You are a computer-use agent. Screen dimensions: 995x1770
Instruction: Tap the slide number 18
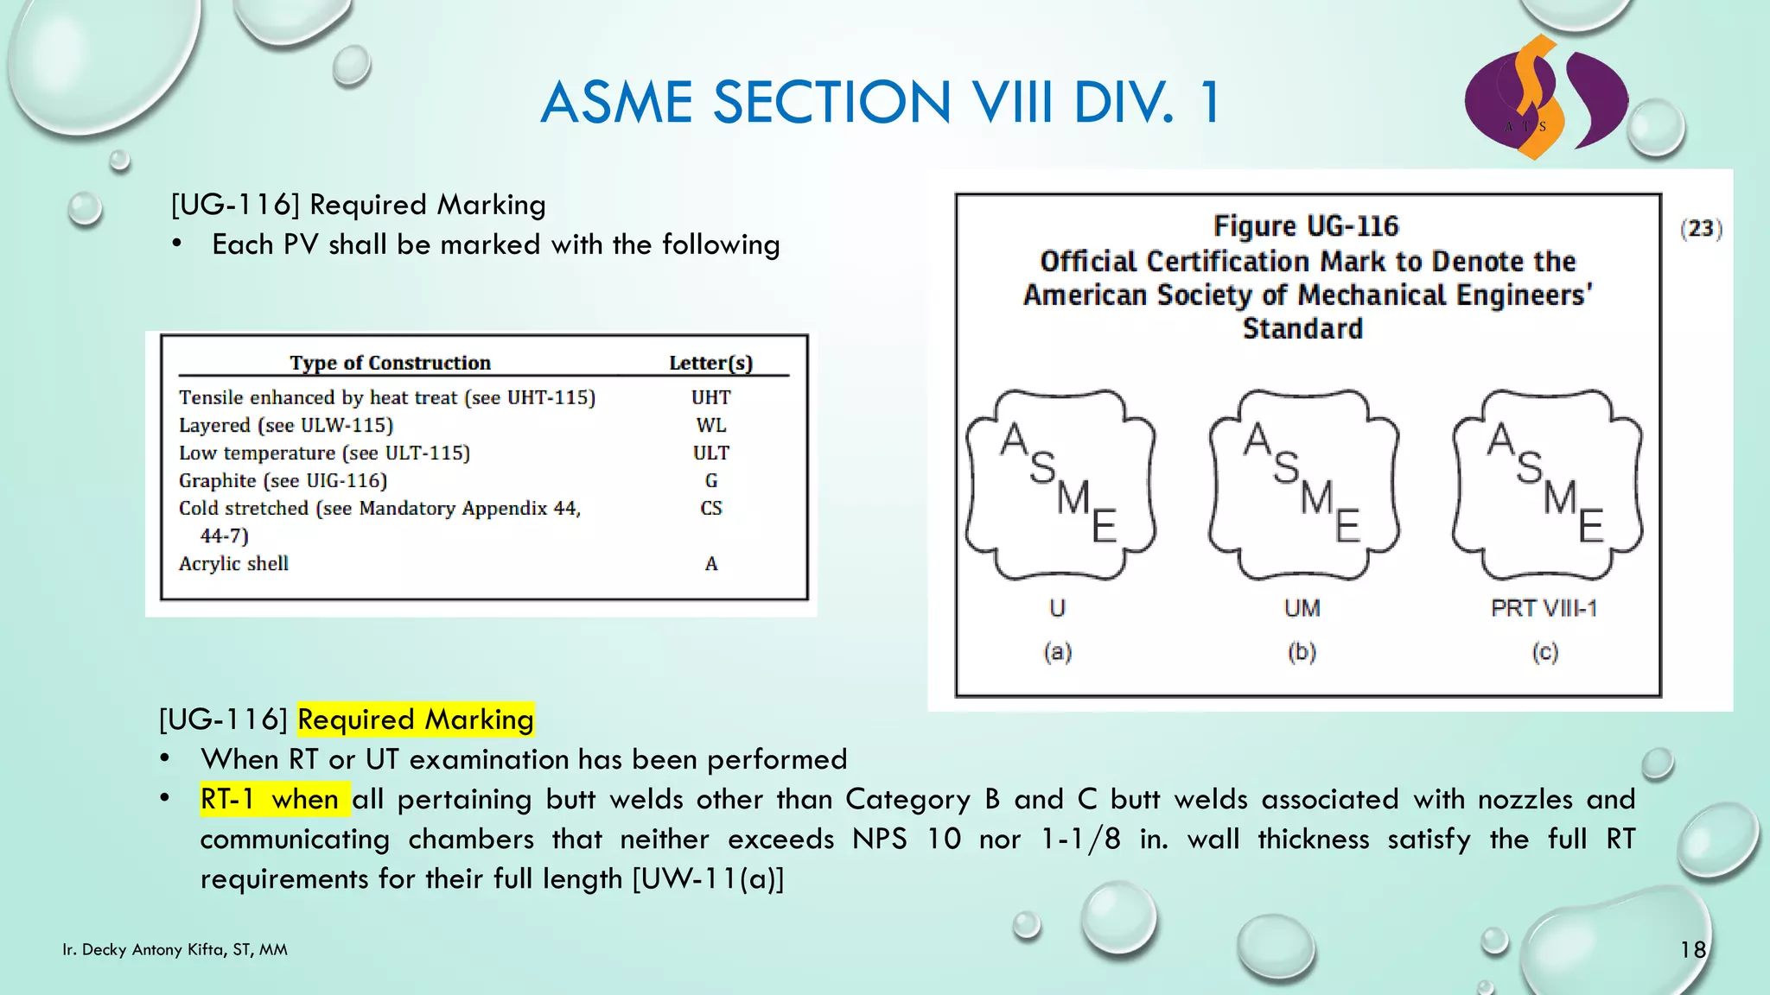tap(1692, 950)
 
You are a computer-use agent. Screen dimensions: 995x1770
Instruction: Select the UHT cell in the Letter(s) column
tap(710, 397)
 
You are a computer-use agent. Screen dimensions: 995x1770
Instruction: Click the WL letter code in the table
tap(710, 425)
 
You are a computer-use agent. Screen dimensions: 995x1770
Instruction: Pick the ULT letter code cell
tap(710, 453)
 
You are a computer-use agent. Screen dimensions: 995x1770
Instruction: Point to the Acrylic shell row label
tap(233, 563)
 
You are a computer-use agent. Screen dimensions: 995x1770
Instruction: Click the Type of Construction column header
tap(390, 363)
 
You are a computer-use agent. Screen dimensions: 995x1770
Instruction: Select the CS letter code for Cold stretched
tap(710, 508)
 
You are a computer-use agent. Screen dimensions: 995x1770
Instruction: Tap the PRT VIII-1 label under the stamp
tap(1544, 608)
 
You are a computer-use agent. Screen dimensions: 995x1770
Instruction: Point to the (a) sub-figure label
tap(1057, 651)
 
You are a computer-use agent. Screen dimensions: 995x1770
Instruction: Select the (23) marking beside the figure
tap(1701, 228)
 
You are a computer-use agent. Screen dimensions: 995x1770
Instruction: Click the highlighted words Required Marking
tap(415, 719)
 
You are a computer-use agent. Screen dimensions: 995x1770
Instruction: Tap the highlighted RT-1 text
tap(227, 799)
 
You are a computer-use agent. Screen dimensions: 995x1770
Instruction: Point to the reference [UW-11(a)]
tap(708, 878)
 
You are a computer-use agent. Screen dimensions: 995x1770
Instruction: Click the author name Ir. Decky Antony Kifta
tap(175, 950)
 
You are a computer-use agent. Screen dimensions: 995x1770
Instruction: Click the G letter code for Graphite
tap(710, 480)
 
